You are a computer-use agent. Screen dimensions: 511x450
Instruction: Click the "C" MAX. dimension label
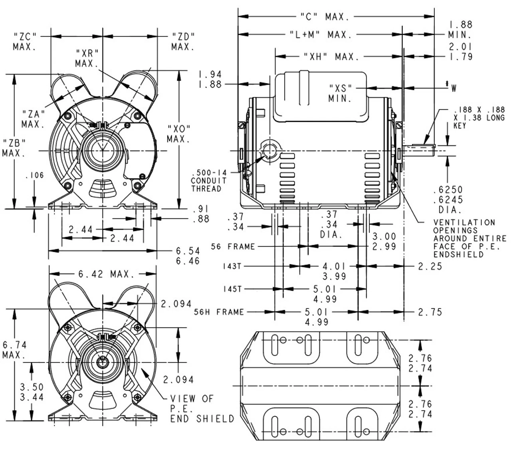325,17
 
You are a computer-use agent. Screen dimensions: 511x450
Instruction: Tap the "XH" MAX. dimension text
331,57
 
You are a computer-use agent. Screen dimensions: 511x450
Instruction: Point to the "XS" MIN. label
340,93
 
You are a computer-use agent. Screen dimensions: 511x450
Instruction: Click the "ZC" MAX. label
25,42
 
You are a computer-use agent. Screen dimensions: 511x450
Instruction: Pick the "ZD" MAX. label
183,42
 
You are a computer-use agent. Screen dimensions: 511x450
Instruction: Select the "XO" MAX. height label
179,134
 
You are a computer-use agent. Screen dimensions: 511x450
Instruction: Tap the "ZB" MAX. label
14,148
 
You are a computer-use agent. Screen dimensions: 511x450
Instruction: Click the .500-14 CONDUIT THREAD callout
209,180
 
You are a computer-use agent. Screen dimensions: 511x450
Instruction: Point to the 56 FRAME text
233,246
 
